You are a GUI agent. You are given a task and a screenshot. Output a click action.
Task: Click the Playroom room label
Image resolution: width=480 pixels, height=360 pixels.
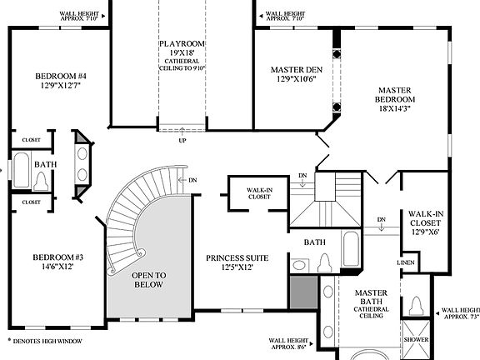pos(182,44)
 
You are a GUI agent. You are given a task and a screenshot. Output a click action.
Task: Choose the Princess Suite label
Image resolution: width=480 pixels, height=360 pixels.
pos(237,258)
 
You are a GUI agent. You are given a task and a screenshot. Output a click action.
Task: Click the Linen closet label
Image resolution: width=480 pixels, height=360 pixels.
pos(406,263)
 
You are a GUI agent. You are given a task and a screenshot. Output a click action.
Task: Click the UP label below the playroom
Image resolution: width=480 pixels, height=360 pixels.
pos(182,141)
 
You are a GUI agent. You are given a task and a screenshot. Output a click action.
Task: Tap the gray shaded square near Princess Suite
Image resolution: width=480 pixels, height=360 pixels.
pos(302,292)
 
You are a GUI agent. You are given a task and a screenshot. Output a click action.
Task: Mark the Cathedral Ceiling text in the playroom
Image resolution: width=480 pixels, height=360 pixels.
pos(182,63)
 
